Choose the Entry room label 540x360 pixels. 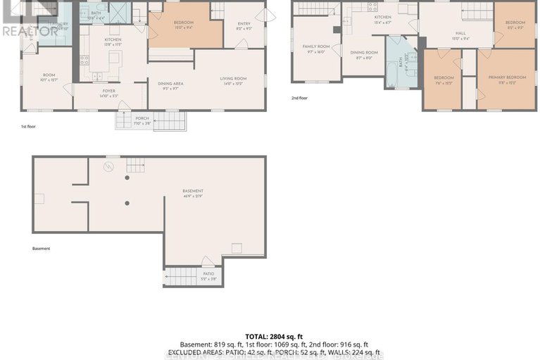(x=244, y=25)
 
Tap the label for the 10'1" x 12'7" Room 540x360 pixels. (x=48, y=77)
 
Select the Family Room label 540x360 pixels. (x=316, y=48)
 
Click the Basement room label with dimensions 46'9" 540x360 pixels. (x=192, y=193)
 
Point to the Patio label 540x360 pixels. (x=208, y=275)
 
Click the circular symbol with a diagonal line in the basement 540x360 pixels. (x=108, y=167)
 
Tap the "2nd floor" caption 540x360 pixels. (x=299, y=99)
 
